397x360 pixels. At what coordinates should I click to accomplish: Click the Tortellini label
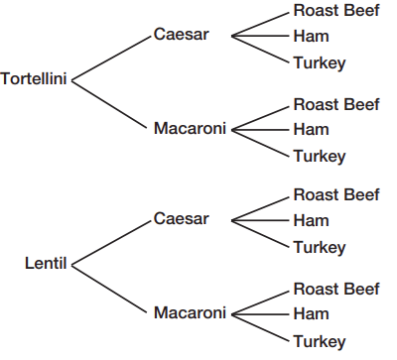[x=34, y=79]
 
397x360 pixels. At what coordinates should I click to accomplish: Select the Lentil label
[x=46, y=264]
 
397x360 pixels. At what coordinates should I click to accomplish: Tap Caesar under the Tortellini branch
[x=182, y=34]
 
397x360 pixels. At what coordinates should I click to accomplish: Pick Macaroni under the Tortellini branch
[x=190, y=128]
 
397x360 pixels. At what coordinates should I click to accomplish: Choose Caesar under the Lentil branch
[x=182, y=218]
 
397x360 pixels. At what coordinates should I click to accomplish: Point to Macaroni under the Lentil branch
[x=190, y=312]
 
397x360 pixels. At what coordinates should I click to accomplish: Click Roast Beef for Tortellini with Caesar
[x=336, y=10]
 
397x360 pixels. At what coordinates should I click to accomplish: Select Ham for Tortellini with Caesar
[x=312, y=36]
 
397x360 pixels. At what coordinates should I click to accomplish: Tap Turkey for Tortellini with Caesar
[x=320, y=63]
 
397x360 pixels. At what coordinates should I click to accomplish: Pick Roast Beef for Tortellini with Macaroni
[x=336, y=104]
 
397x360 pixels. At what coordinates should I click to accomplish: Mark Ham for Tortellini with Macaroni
[x=312, y=129]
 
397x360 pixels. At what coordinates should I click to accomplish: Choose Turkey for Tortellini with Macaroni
[x=320, y=157]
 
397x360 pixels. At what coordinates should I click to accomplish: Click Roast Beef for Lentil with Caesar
[x=336, y=194]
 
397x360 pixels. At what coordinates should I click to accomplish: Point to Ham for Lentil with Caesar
[x=312, y=220]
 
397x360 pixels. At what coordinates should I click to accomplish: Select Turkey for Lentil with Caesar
[x=320, y=248]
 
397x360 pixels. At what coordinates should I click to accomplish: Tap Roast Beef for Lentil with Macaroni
[x=336, y=289]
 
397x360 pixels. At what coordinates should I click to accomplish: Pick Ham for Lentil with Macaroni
[x=312, y=313]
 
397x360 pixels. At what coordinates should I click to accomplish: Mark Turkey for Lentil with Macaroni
[x=320, y=341]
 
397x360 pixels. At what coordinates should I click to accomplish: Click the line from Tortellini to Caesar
[x=111, y=59]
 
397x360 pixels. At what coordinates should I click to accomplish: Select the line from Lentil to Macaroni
[x=109, y=289]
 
